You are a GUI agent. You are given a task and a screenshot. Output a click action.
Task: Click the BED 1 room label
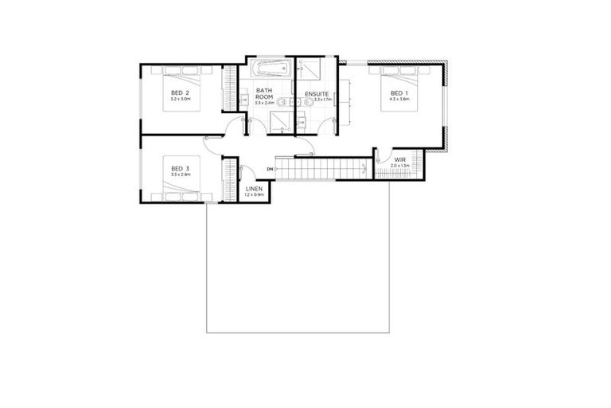tap(395, 93)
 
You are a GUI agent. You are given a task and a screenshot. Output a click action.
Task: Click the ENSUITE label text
tap(316, 93)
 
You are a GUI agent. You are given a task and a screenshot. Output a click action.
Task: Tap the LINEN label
tap(254, 188)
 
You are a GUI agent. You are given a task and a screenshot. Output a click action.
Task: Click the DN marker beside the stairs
tap(270, 170)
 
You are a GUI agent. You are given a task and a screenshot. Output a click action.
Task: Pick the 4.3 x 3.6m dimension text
tap(395, 100)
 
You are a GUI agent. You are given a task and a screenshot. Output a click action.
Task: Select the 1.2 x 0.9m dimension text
tap(254, 194)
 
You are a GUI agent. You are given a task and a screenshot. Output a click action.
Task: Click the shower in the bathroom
tap(280, 121)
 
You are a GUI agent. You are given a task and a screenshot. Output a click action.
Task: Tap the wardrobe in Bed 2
tap(230, 86)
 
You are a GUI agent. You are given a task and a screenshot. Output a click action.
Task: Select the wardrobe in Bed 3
tap(230, 179)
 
